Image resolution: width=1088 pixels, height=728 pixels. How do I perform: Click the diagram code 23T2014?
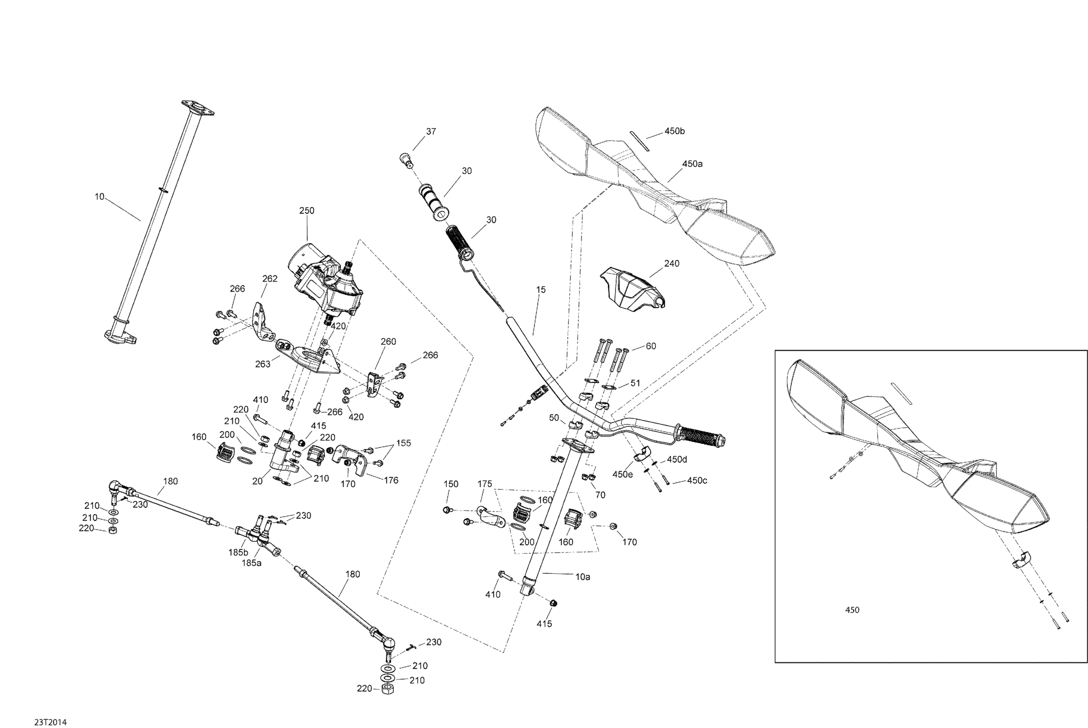[50, 722]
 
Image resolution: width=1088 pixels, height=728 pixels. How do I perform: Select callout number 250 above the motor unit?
[306, 210]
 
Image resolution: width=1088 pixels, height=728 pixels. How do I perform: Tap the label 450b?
[674, 131]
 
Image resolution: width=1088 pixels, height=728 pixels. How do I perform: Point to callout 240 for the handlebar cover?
[672, 263]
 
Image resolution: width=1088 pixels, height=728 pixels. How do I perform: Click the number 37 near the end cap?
[431, 131]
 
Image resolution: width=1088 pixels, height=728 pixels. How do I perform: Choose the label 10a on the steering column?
[583, 577]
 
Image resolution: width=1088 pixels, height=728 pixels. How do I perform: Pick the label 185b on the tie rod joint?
[238, 552]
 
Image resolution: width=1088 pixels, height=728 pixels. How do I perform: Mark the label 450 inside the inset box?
[852, 610]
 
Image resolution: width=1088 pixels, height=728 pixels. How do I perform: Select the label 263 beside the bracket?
[263, 364]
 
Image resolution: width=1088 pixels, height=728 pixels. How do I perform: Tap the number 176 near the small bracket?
[391, 480]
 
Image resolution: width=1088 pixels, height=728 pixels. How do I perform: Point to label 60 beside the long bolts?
[651, 346]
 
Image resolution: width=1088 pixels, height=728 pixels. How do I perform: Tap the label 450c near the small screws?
[697, 480]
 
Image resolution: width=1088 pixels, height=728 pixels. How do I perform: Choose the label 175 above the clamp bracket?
[485, 484]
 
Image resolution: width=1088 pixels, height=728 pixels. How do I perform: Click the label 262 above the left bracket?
[270, 279]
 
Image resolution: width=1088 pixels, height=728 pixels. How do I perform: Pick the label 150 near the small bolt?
[451, 484]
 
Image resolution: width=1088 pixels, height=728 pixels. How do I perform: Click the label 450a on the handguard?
[692, 164]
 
